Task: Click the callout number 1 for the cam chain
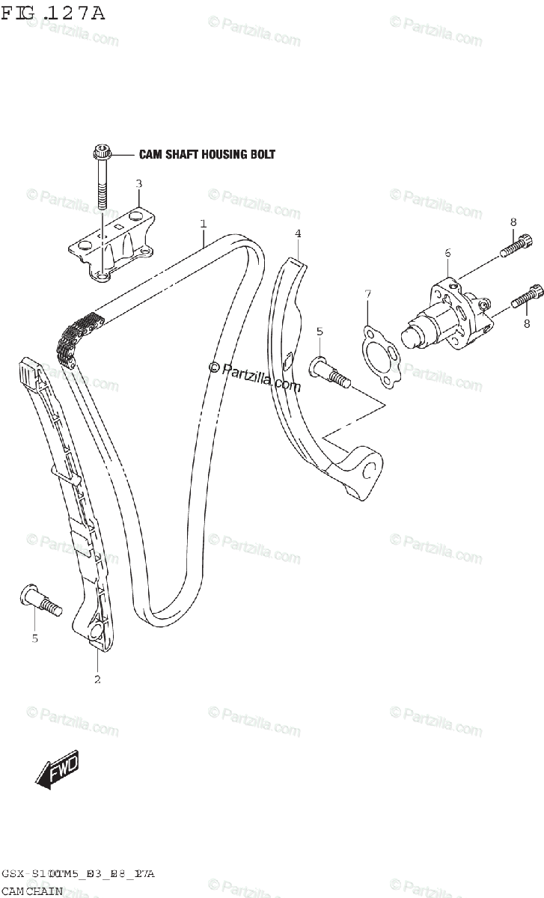click(x=203, y=223)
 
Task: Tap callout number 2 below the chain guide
click(x=97, y=679)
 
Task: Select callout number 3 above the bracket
click(x=138, y=183)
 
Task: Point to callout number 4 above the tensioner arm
click(x=298, y=234)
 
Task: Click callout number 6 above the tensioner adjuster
click(x=447, y=254)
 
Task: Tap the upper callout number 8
click(x=513, y=222)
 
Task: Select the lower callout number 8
click(x=526, y=323)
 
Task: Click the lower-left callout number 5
click(x=34, y=638)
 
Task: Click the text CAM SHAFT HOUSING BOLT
click(x=207, y=155)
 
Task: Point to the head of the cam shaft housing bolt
click(x=101, y=154)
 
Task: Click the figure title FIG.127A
click(x=52, y=13)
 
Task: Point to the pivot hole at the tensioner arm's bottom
click(x=369, y=470)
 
